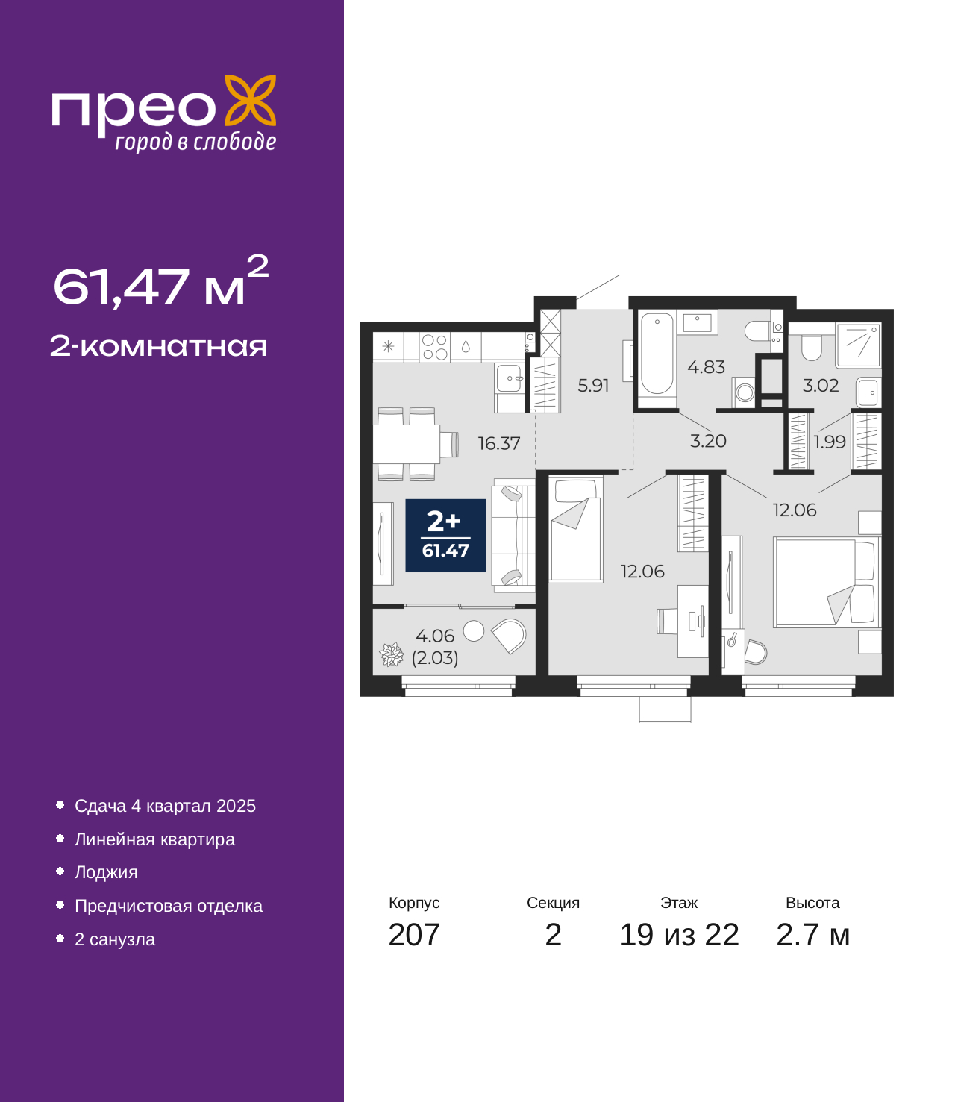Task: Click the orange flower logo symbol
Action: (x=250, y=100)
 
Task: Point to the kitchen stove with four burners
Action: (x=434, y=347)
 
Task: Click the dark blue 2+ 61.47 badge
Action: (x=445, y=535)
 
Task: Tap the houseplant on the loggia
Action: (x=391, y=654)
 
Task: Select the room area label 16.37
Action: (x=498, y=443)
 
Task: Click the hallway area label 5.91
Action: (x=593, y=386)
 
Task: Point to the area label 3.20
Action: (x=707, y=441)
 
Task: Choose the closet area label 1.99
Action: (x=830, y=442)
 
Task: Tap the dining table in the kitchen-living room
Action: (x=407, y=444)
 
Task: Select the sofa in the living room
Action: (x=513, y=535)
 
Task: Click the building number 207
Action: (x=414, y=935)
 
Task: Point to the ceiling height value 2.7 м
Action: (x=812, y=935)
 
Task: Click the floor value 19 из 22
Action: (x=679, y=935)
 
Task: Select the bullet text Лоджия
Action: (x=106, y=873)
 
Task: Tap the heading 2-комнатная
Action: (x=158, y=346)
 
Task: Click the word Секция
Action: (x=553, y=903)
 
